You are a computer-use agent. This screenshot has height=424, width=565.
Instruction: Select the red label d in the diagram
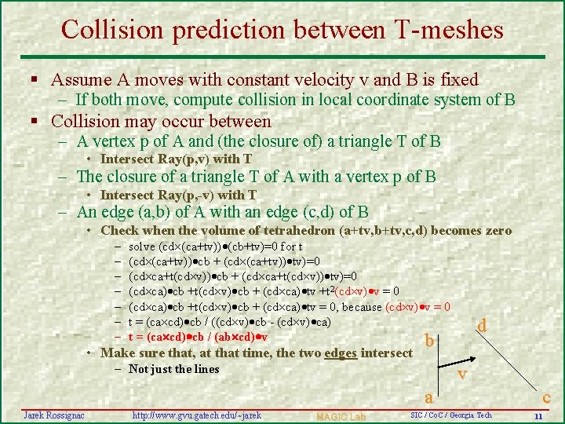(482, 324)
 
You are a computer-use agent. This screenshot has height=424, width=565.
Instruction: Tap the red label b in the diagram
(429, 341)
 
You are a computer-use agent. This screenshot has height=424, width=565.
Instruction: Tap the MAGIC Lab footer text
(341, 415)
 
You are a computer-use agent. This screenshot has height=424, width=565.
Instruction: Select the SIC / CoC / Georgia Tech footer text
(450, 415)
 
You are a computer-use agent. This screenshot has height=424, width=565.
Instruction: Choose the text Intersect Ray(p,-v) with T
(179, 195)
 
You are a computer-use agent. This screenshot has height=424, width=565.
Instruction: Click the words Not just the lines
(173, 369)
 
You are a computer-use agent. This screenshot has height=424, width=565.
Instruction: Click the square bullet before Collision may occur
(35, 122)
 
